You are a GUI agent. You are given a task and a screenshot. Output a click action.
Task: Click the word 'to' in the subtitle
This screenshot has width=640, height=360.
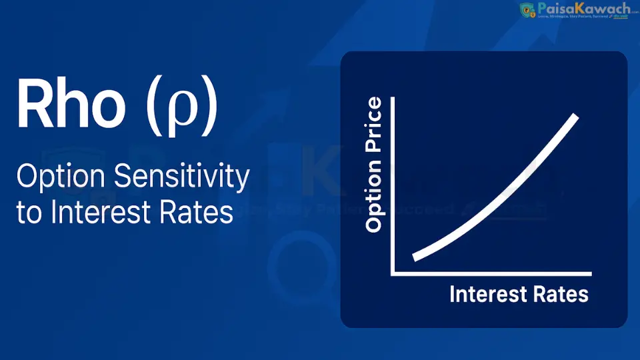coord(29,213)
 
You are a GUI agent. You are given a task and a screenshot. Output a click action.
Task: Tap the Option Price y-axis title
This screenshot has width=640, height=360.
coord(375,165)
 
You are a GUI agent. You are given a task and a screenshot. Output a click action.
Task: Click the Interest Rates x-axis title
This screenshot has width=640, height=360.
coord(519,294)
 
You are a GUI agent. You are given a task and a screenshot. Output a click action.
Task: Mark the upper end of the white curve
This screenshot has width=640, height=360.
coord(576,117)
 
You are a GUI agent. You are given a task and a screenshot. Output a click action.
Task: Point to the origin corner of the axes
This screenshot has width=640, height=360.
coord(393,273)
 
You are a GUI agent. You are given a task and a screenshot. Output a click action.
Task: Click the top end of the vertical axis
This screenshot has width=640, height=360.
coord(393,98)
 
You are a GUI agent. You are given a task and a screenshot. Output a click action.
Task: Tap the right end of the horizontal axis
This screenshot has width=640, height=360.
coord(591,273)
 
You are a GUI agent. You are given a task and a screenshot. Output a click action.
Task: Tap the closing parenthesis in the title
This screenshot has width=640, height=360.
coord(209,107)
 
